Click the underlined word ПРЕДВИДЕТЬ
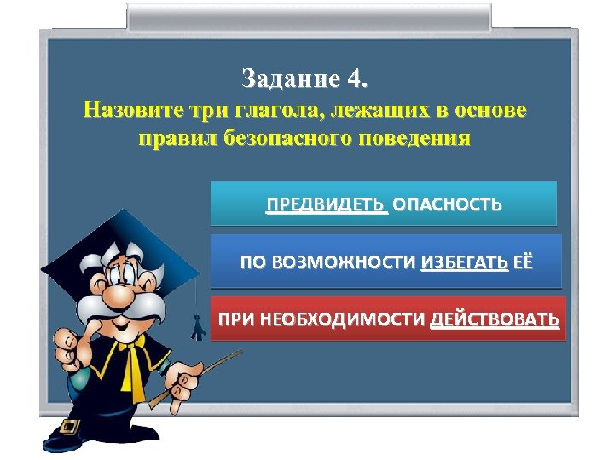[x=326, y=205]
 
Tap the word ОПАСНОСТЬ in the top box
[x=447, y=205]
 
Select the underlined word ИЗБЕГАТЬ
[x=464, y=262]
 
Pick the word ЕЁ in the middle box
[x=522, y=262]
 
